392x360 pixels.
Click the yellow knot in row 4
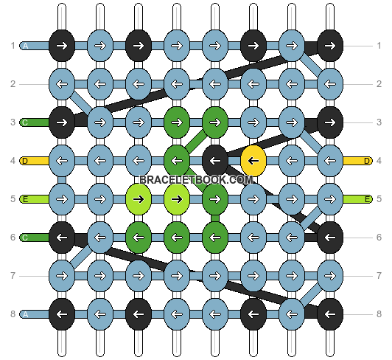[253, 161]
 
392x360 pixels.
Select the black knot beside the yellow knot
[215, 161]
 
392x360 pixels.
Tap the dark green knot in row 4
[177, 161]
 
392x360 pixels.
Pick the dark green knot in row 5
[215, 199]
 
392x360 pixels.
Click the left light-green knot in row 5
[139, 199]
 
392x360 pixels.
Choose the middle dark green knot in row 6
[177, 238]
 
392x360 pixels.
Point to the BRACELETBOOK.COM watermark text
[196, 180]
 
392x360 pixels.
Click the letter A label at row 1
[25, 46]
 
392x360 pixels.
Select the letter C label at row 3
[25, 122]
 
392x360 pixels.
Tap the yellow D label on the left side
[25, 161]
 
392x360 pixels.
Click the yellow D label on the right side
[367, 161]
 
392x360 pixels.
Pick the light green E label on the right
[367, 199]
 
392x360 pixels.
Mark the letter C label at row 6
[25, 238]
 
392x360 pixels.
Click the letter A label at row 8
[25, 314]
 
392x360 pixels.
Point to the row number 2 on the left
[13, 84]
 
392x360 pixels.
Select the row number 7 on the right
[379, 276]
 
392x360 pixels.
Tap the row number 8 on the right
[379, 314]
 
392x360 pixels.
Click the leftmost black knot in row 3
[62, 122]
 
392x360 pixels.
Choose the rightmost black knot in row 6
[330, 238]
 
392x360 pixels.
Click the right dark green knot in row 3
[215, 122]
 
